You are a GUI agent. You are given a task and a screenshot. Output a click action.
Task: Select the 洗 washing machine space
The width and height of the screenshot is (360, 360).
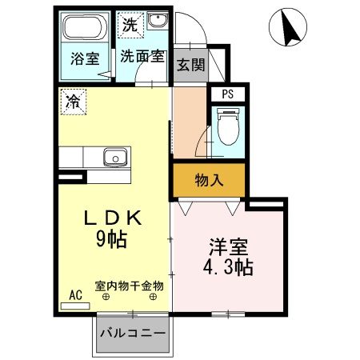coord(130,24)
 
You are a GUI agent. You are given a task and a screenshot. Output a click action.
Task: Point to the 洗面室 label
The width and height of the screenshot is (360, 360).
coord(144,57)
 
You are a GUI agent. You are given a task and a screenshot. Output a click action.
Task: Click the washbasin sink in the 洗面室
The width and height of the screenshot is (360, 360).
coord(158,22)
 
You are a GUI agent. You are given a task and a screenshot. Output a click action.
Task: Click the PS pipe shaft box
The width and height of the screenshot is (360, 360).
coord(229,94)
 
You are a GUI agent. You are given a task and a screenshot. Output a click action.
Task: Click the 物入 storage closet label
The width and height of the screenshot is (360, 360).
coord(209,182)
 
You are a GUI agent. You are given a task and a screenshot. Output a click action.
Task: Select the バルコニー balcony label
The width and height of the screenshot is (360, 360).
coord(133,333)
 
